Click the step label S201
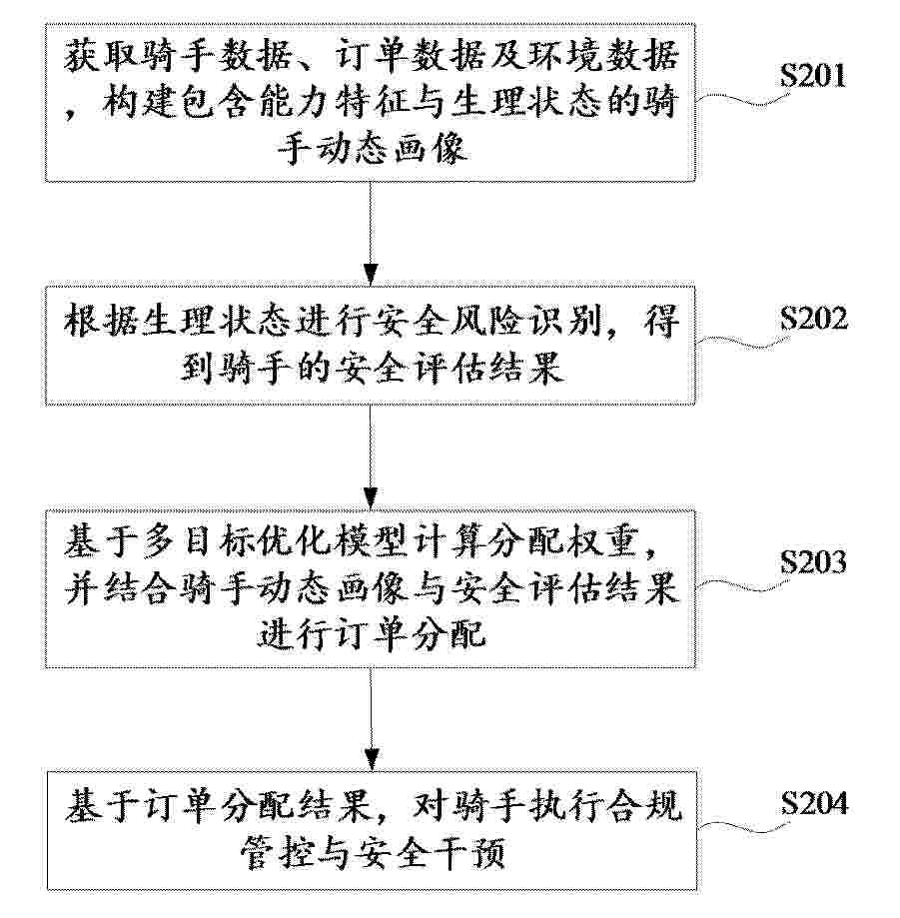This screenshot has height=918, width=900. tap(813, 76)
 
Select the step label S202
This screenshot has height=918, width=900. tap(813, 319)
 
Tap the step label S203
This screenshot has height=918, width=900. tap(813, 562)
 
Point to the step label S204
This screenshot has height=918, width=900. tap(814, 803)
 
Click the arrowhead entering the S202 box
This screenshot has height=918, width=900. tap(370, 275)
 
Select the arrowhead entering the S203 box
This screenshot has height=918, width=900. tap(370, 498)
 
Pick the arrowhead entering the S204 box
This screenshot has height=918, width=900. tap(371, 760)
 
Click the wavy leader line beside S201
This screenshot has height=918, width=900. tap(739, 100)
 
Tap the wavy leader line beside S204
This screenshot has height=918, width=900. tap(740, 827)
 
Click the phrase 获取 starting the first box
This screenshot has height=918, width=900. tap(101, 56)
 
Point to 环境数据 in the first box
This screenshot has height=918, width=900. tap(603, 56)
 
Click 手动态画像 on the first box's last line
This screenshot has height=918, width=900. tap(372, 149)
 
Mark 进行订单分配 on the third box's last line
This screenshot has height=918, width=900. tap(372, 633)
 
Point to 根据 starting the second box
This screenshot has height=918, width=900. tap(101, 322)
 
